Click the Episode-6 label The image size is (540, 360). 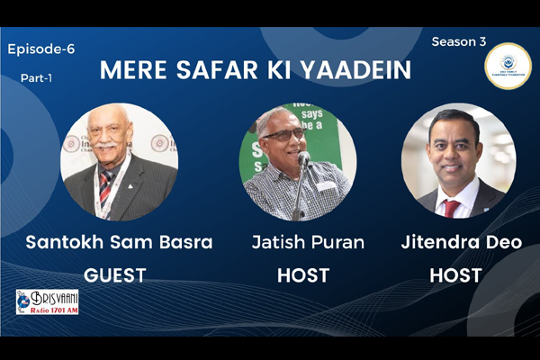(x=41, y=49)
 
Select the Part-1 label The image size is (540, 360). (x=37, y=78)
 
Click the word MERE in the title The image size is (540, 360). (x=128, y=70)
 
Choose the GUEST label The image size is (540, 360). (x=115, y=274)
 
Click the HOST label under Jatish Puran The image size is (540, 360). (x=302, y=274)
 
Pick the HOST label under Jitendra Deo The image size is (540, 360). (x=456, y=274)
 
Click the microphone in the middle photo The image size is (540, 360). (x=304, y=160)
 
